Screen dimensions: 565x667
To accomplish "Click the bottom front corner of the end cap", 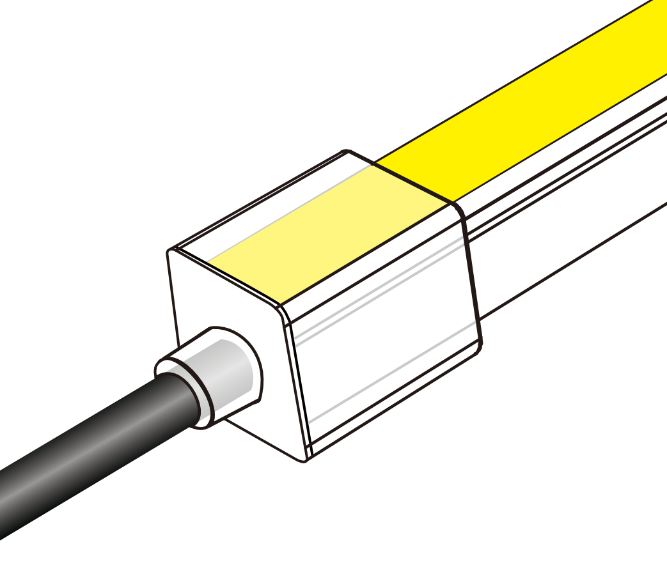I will [x=306, y=459].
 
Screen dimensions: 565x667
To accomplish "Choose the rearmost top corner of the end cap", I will [x=347, y=152].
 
